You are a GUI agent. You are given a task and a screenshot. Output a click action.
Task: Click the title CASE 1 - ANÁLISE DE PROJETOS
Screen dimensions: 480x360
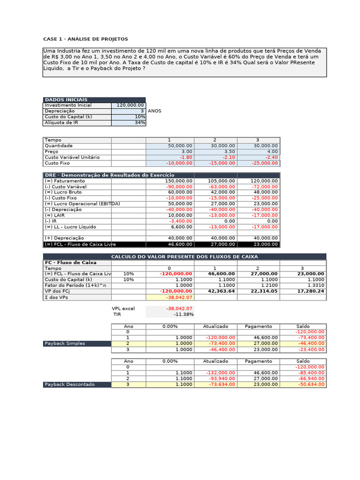(85, 39)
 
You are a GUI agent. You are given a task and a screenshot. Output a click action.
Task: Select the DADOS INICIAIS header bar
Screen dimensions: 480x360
(94, 100)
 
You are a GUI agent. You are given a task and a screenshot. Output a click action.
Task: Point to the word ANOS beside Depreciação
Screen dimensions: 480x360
(155, 111)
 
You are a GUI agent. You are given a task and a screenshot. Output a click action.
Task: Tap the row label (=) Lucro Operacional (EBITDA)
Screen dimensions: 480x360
(82, 204)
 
